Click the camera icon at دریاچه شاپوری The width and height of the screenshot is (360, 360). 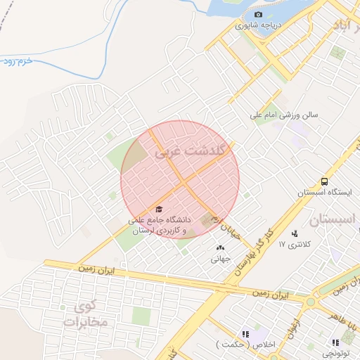[258, 15]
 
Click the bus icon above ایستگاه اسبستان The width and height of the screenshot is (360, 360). [323, 181]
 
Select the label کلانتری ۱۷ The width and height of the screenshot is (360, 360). [294, 245]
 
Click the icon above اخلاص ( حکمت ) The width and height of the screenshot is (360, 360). [246, 334]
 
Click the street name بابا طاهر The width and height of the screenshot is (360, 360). [345, 291]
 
